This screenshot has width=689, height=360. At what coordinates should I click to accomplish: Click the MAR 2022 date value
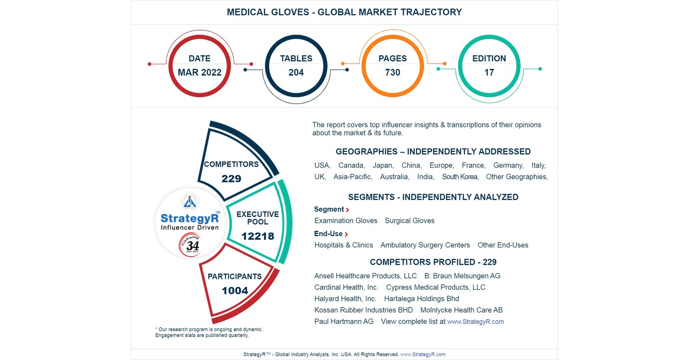click(200, 73)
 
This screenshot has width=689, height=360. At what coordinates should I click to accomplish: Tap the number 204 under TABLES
click(296, 73)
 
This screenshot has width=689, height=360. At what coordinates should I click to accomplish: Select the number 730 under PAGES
click(392, 73)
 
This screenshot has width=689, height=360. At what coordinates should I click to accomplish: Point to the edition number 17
click(489, 73)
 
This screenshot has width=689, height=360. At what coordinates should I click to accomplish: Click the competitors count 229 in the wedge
click(231, 178)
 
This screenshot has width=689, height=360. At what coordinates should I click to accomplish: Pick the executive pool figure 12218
click(257, 236)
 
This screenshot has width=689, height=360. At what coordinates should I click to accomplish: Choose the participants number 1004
click(235, 291)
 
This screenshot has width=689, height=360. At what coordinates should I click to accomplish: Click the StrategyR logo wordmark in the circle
click(190, 218)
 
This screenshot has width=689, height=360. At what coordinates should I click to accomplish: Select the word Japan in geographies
click(383, 165)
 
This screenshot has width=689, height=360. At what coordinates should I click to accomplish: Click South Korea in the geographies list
click(460, 177)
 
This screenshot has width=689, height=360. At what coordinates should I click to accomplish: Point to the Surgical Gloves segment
click(410, 221)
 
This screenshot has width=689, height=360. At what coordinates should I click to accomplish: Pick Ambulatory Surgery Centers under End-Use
click(425, 245)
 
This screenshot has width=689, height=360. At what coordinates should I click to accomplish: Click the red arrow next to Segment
click(348, 210)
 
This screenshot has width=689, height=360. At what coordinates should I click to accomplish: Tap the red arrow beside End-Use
click(346, 234)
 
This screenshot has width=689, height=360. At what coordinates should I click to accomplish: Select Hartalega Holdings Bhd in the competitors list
click(421, 299)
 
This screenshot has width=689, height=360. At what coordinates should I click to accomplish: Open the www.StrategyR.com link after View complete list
click(475, 321)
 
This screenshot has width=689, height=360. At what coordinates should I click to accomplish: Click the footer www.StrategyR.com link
click(423, 354)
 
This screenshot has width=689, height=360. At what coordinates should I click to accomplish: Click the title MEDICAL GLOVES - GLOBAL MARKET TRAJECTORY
click(344, 12)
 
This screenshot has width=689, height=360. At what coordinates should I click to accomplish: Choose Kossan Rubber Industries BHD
click(363, 310)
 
